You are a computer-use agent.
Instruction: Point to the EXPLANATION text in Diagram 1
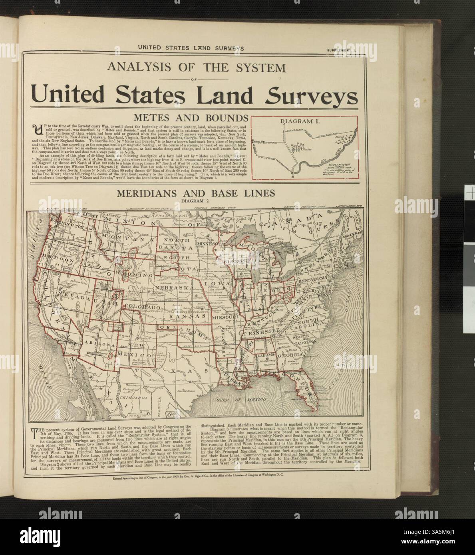tap(338, 164)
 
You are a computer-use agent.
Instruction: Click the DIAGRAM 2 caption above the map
tap(195, 201)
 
